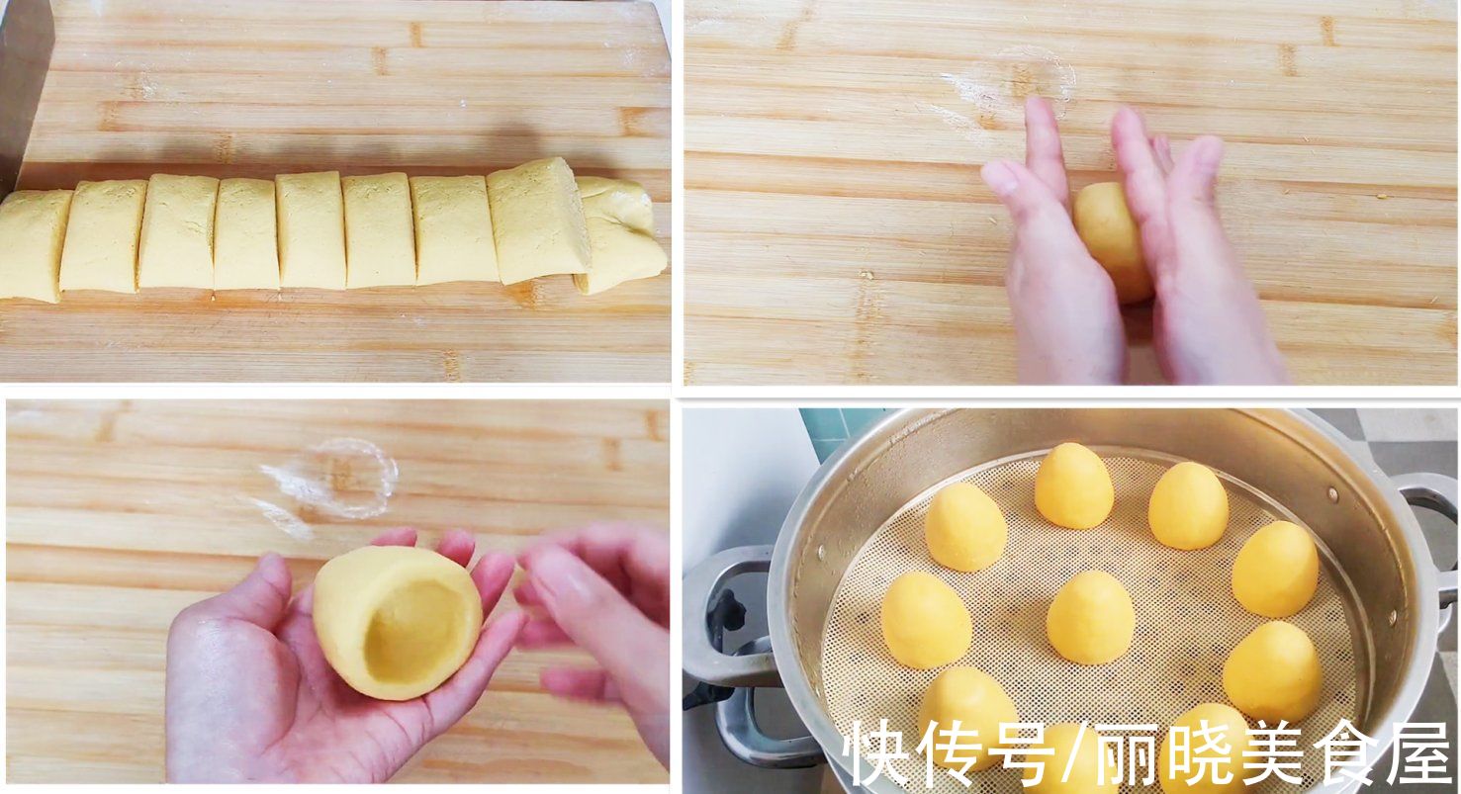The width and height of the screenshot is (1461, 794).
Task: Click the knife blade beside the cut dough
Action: pos(25,85)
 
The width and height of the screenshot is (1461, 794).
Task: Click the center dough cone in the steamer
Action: pos(1090,617)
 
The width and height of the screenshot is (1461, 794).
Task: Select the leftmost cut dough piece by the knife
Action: pos(32,244)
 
